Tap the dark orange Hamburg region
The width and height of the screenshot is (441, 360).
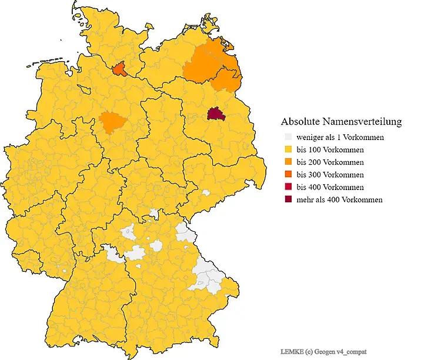tap(120, 69)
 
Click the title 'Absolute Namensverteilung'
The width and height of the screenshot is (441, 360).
tap(341, 122)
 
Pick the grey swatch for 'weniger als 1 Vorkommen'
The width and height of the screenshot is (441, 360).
tap(288, 137)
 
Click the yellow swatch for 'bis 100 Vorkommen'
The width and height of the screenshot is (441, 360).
tap(288, 149)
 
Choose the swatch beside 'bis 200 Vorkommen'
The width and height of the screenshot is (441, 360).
tap(288, 162)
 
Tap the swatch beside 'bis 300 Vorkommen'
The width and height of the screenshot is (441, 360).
tap(288, 175)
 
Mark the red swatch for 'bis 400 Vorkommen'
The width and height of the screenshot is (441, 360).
tap(288, 187)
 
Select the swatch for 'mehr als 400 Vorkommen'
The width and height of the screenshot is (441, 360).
tap(288, 200)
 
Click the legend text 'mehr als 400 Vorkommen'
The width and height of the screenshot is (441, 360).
tap(339, 200)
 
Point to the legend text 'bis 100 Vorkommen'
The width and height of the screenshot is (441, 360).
tap(330, 149)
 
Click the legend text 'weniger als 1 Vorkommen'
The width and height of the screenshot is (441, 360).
tap(340, 137)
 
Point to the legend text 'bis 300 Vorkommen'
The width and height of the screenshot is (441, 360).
tap(330, 175)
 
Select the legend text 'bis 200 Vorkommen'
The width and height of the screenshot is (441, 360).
tap(330, 162)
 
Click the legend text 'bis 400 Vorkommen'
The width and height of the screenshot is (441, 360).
tap(330, 187)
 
